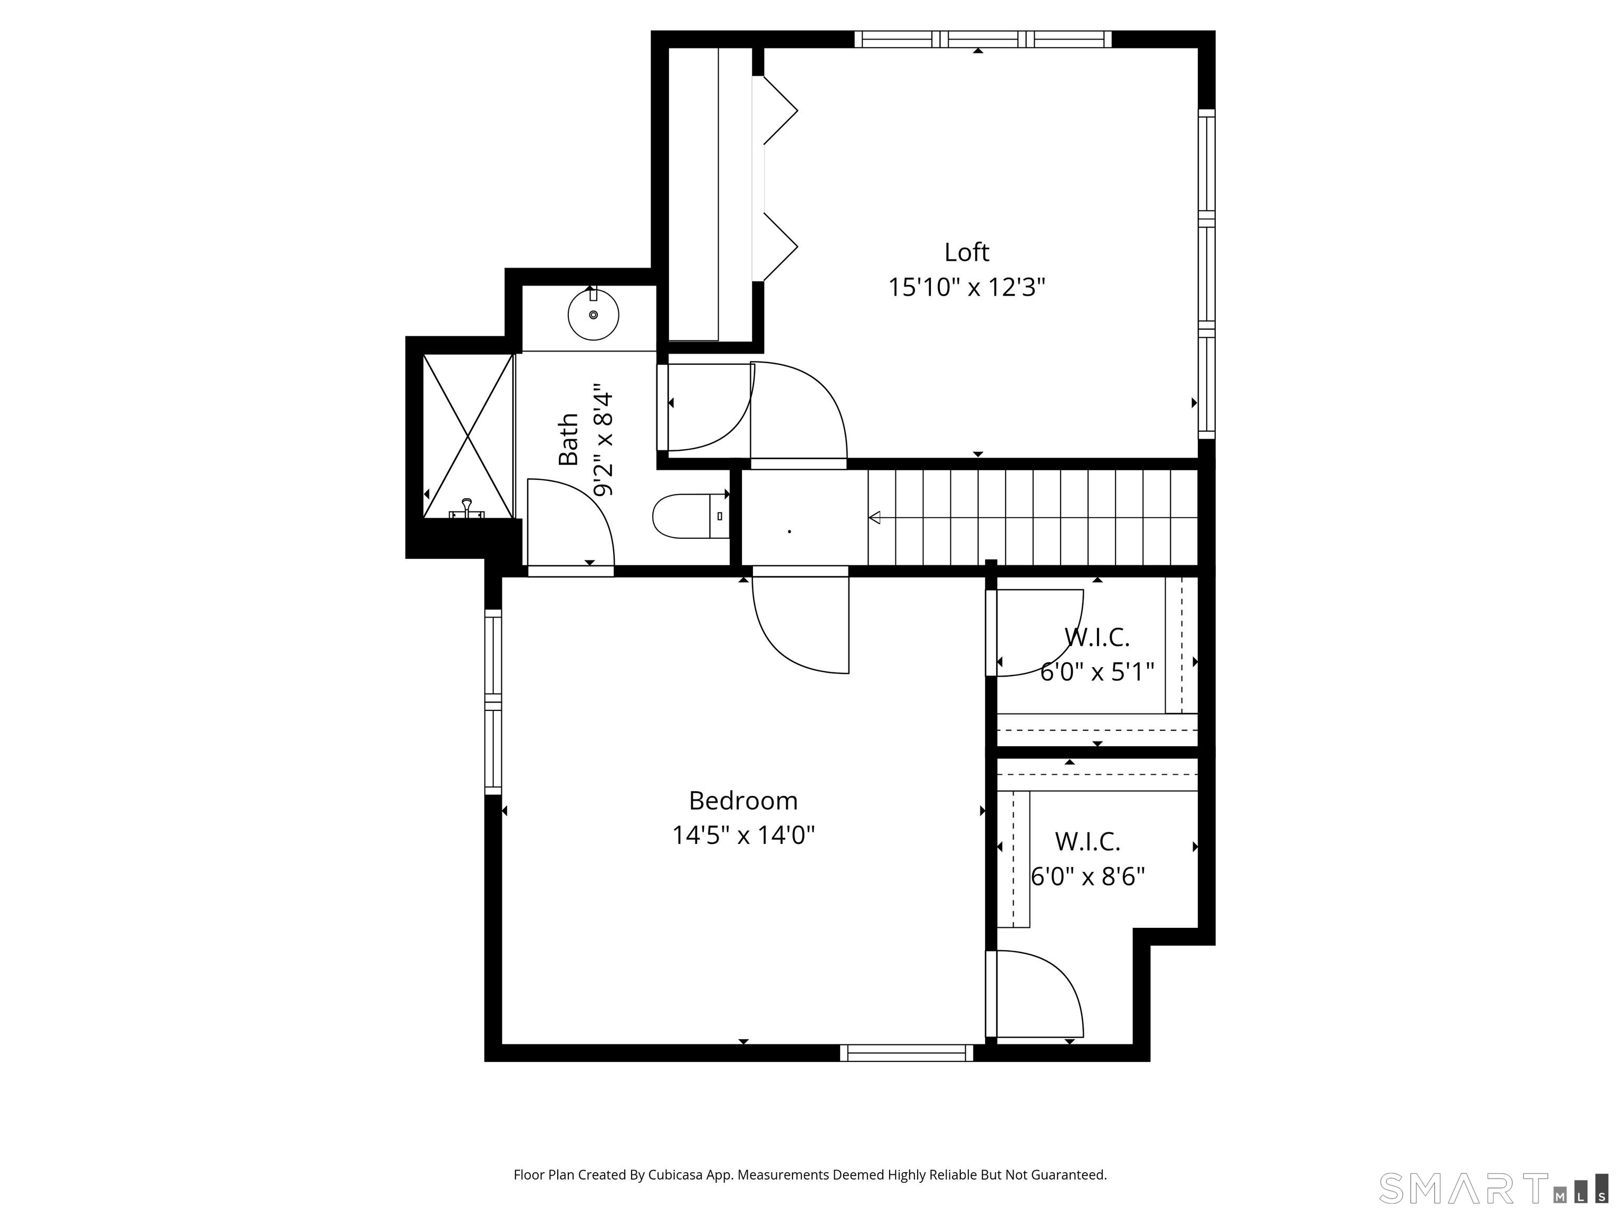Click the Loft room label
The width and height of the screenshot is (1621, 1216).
pyautogui.click(x=967, y=252)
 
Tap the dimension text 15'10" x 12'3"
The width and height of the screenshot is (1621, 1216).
pyautogui.click(x=967, y=287)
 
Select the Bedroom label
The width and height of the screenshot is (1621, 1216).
pyautogui.click(x=743, y=801)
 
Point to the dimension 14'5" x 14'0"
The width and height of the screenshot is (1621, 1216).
pyautogui.click(x=743, y=835)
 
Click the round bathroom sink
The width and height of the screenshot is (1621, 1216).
pyautogui.click(x=594, y=315)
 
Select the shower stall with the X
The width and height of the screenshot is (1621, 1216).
pyautogui.click(x=468, y=436)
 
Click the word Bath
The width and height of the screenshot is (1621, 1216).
pyautogui.click(x=569, y=439)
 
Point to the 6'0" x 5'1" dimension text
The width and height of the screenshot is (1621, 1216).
pyautogui.click(x=1097, y=671)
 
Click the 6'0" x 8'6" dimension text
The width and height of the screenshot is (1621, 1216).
pyautogui.click(x=1088, y=876)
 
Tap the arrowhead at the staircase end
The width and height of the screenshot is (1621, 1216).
pyautogui.click(x=874, y=517)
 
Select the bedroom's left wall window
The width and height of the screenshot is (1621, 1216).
pyautogui.click(x=493, y=701)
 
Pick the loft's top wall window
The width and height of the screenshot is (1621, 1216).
pyautogui.click(x=983, y=39)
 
